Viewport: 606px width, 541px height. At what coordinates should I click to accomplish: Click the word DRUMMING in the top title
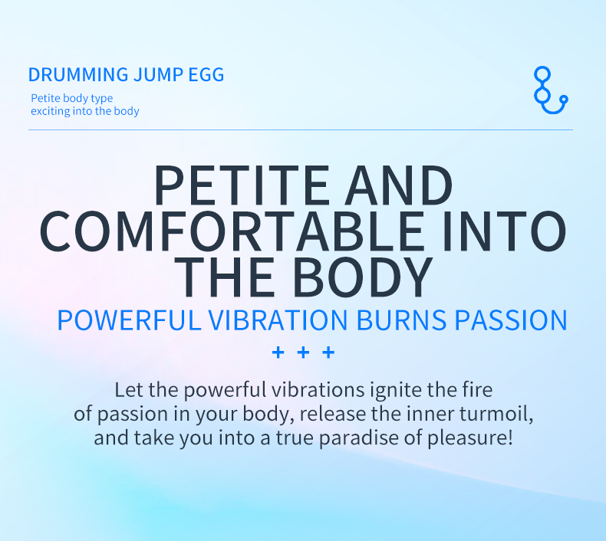point(78,74)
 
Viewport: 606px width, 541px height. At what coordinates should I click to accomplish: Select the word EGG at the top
point(206,74)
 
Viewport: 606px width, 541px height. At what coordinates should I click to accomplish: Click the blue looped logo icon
point(550,90)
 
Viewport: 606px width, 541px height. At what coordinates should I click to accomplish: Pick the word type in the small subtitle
point(102,99)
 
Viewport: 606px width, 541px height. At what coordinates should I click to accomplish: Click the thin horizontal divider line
point(301,130)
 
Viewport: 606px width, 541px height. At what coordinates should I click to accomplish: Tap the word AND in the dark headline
point(398,185)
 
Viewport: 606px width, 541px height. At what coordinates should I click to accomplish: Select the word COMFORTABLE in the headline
point(232,231)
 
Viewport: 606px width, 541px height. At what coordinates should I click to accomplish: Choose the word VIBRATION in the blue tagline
point(278,320)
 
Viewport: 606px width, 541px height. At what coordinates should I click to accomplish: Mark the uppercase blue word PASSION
point(511,320)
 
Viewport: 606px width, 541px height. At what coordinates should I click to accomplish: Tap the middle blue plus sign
point(304,352)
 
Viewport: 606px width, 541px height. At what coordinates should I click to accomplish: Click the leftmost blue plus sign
point(278,352)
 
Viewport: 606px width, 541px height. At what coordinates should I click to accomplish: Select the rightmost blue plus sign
point(328,352)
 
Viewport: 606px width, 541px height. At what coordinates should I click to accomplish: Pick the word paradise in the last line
point(358,438)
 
